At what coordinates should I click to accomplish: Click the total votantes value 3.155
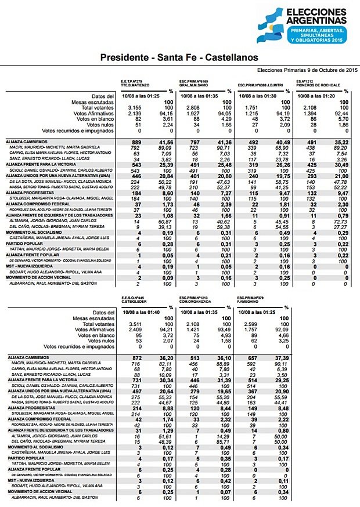pyautogui.click(x=134, y=107)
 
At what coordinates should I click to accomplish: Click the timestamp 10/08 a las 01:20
pyautogui.click(x=316, y=96)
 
